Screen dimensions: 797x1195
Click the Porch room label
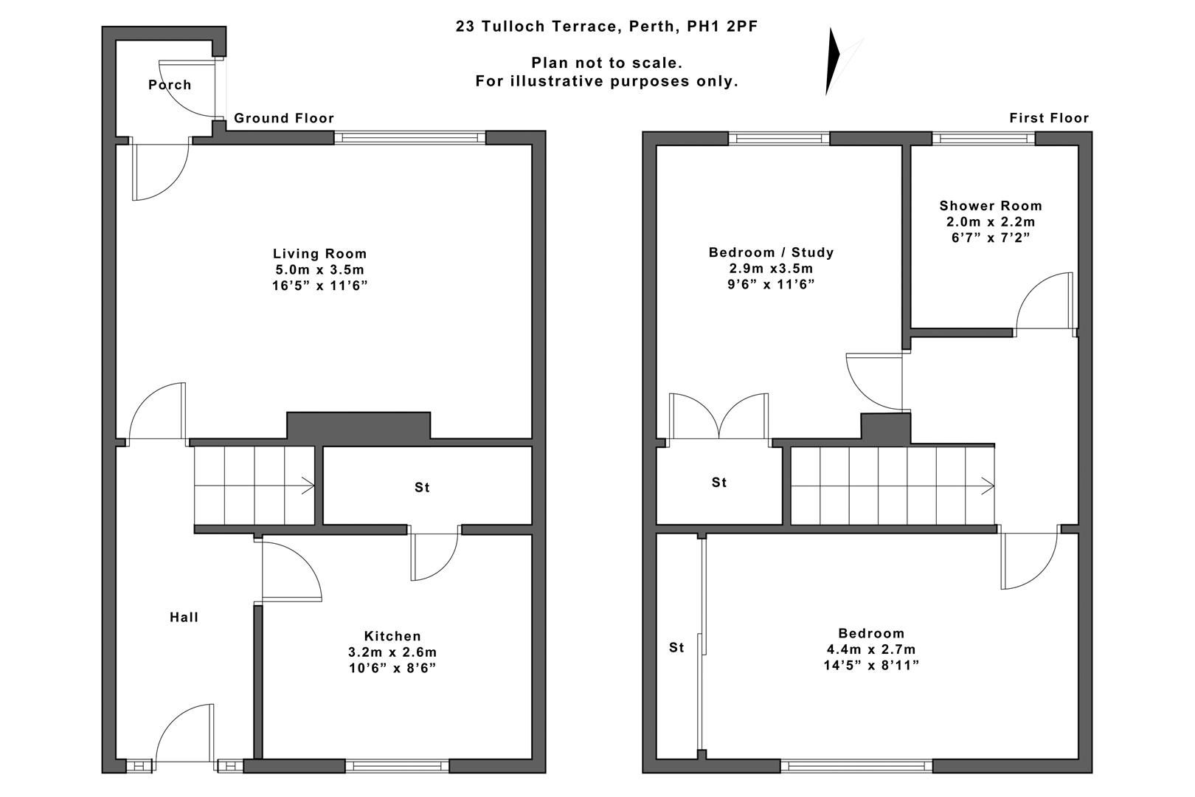tap(170, 85)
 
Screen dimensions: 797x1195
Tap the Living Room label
tap(319, 254)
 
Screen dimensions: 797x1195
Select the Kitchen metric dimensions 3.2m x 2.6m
tap(392, 652)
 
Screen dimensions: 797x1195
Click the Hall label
tap(184, 617)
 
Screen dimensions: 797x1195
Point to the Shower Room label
tap(990, 206)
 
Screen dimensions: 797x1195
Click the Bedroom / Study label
tap(771, 252)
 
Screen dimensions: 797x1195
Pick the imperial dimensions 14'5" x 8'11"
tap(870, 666)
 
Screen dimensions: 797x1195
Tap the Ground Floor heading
tap(284, 118)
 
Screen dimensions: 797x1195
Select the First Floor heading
tap(1048, 118)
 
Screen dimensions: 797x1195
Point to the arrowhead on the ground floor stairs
tap(310, 486)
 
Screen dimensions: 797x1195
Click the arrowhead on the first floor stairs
tap(987, 486)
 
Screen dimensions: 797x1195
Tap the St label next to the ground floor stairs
tap(422, 487)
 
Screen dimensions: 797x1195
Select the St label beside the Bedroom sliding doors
tap(676, 647)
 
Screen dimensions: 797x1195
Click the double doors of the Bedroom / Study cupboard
tap(718, 419)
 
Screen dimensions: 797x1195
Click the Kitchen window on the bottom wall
tap(399, 766)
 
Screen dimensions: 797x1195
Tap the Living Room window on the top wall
tap(410, 137)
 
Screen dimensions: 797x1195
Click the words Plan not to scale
tap(606, 63)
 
